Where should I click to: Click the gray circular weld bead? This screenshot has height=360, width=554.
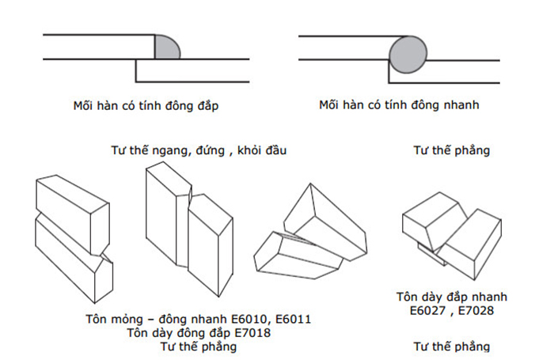pyautogui.click(x=408, y=55)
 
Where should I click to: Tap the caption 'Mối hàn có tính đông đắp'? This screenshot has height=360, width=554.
pyautogui.click(x=146, y=106)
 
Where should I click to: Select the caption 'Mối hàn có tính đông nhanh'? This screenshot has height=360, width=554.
pyautogui.click(x=399, y=105)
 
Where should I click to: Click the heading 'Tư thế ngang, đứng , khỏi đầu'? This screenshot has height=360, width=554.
pyautogui.click(x=199, y=150)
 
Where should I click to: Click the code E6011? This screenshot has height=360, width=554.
pyautogui.click(x=294, y=320)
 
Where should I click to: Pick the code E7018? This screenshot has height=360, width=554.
pyautogui.click(x=252, y=333)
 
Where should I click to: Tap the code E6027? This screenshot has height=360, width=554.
pyautogui.click(x=427, y=310)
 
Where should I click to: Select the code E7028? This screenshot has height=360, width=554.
pyautogui.click(x=476, y=310)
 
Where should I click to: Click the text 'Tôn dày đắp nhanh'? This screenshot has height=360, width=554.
pyautogui.click(x=452, y=297)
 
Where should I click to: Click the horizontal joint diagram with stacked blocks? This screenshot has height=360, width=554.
pyautogui.click(x=74, y=239)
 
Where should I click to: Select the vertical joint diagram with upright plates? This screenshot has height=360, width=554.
pyautogui.click(x=189, y=229)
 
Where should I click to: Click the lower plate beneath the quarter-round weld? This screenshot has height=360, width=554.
pyautogui.click(x=192, y=70)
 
